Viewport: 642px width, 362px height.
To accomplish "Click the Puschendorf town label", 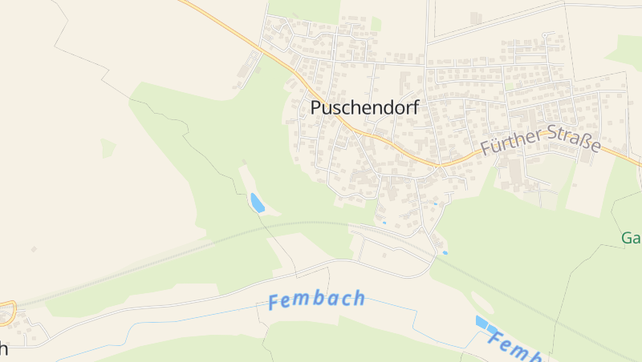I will click(364, 108).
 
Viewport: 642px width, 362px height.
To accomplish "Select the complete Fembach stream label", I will click(316, 300).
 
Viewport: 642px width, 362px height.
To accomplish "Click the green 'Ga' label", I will click(631, 238).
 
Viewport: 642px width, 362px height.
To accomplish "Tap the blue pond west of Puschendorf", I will click(257, 203).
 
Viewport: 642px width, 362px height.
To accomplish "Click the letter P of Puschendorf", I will click(317, 107).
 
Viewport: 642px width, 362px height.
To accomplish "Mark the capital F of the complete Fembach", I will click(274, 303).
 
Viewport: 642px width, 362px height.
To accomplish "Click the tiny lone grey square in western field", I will click(34, 249).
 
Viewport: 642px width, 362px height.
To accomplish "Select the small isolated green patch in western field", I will click(108, 148).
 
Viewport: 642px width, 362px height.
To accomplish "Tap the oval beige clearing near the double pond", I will click(481, 302).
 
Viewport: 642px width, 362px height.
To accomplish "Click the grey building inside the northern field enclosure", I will click(475, 17).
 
